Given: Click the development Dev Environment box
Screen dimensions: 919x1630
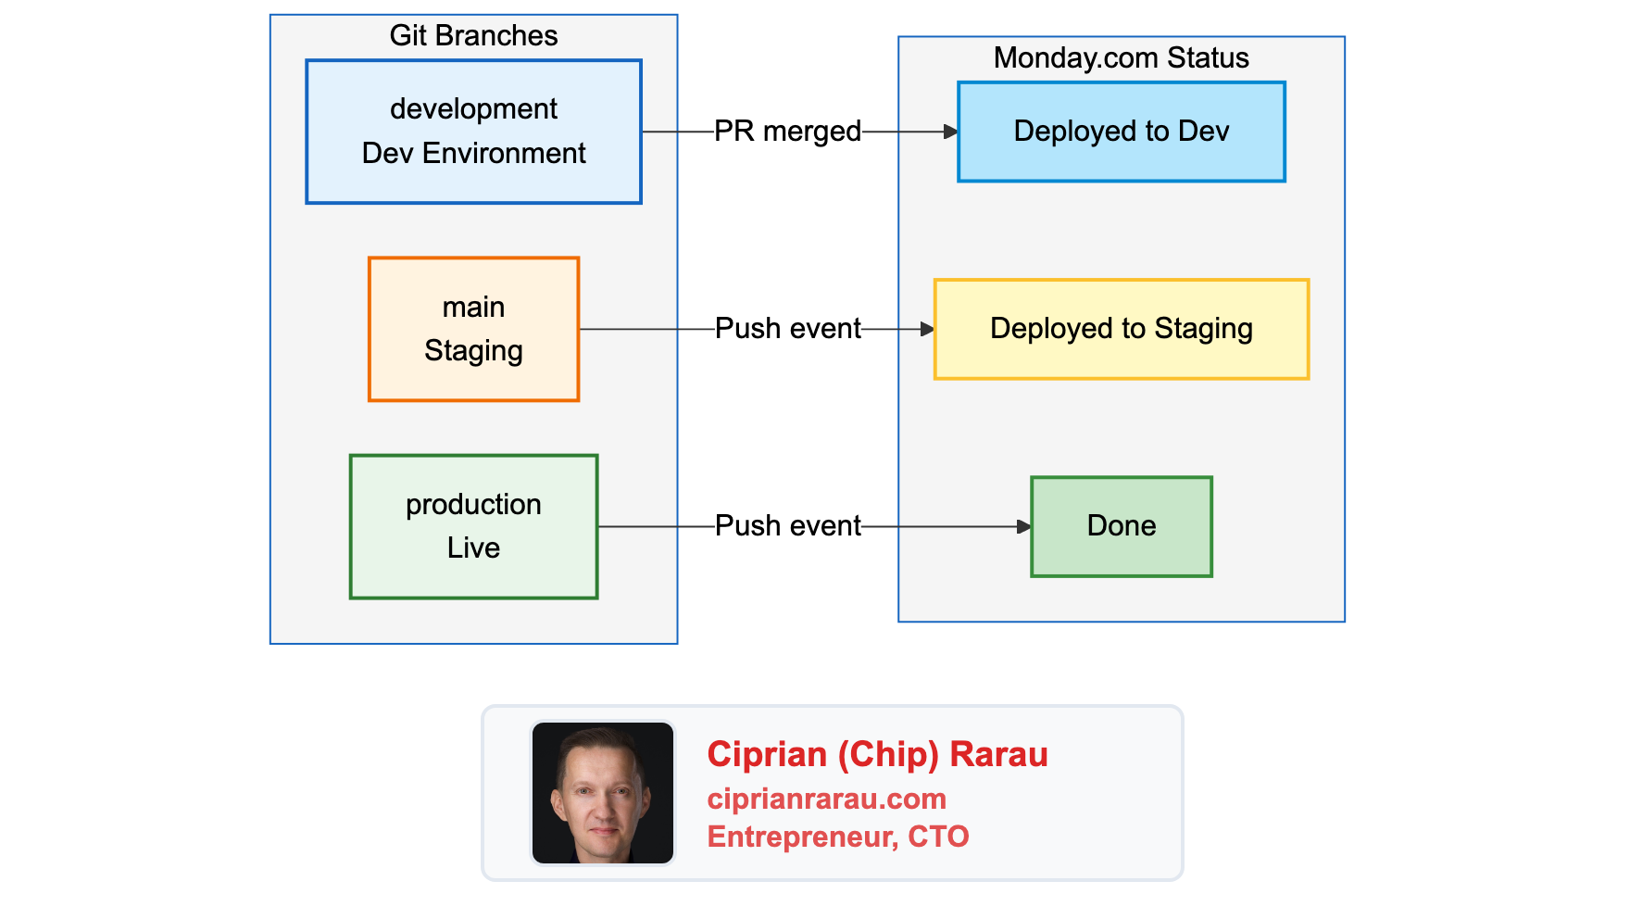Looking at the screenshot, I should pyautogui.click(x=473, y=132).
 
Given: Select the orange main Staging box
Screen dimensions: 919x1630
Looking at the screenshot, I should pyautogui.click(x=473, y=329).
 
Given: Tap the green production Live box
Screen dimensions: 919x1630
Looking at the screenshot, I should pyautogui.click(x=473, y=526).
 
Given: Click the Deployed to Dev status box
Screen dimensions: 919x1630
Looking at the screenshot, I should pyautogui.click(x=1121, y=132).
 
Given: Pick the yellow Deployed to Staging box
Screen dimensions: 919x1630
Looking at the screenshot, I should pyautogui.click(x=1121, y=329).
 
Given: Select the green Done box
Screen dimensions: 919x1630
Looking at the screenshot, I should pyautogui.click(x=1121, y=526).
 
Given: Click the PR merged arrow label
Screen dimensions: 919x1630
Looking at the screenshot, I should pyautogui.click(x=787, y=132).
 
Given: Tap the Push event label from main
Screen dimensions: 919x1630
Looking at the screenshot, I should pyautogui.click(x=787, y=329).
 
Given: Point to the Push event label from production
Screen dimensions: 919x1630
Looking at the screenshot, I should pyautogui.click(x=787, y=526).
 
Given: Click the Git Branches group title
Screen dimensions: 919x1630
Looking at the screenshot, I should pyautogui.click(x=473, y=35).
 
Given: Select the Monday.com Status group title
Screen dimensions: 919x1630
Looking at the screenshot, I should pyautogui.click(x=1121, y=57).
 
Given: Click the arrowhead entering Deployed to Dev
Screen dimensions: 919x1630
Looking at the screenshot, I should pyautogui.click(x=951, y=132).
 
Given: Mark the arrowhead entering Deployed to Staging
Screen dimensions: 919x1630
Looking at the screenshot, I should pyautogui.click(x=927, y=329).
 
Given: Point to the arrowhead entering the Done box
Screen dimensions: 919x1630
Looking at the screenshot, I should pyautogui.click(x=1023, y=526).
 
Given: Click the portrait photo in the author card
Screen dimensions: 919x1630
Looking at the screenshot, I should pyautogui.click(x=602, y=793).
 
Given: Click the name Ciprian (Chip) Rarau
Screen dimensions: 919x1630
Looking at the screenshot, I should pyautogui.click(x=877, y=754).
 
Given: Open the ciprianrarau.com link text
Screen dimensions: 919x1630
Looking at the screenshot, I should pyautogui.click(x=826, y=799).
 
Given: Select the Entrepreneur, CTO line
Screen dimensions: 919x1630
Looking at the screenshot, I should pyautogui.click(x=837, y=837).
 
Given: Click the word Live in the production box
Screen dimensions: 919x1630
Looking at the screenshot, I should pyautogui.click(x=473, y=548).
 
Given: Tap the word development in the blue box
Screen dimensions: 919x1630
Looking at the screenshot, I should pyautogui.click(x=473, y=109).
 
